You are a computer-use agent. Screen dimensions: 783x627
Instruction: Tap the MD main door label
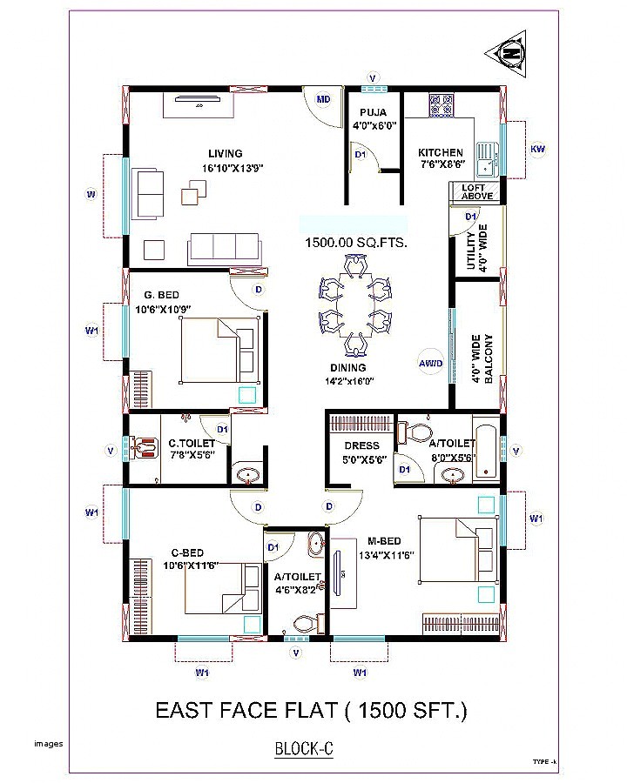click(x=323, y=99)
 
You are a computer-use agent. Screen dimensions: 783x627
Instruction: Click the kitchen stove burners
click(x=441, y=106)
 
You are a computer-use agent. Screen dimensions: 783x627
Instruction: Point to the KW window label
click(x=537, y=150)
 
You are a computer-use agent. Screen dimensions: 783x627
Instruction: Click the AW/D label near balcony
click(x=430, y=363)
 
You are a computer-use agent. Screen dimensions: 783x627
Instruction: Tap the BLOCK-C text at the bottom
click(x=305, y=747)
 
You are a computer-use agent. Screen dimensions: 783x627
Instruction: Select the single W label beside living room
click(x=90, y=194)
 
